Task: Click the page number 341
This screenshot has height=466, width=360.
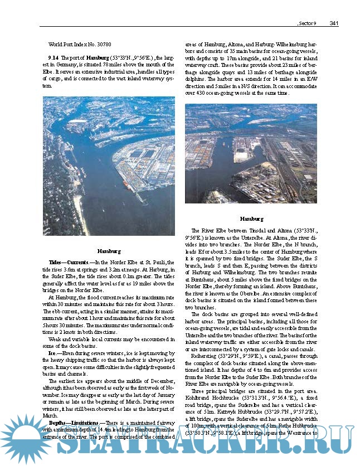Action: [x=335, y=23]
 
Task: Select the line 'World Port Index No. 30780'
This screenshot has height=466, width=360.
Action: [x=80, y=43]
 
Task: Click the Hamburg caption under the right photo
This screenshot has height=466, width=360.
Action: [x=251, y=219]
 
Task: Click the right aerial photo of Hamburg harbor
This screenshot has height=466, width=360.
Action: [x=251, y=153]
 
